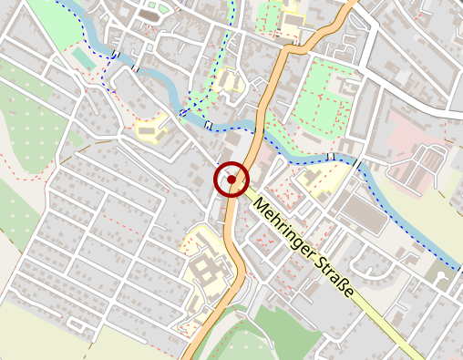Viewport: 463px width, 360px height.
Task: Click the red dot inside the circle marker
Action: pos(232,180)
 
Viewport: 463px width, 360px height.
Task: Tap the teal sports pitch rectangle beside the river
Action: pos(81,57)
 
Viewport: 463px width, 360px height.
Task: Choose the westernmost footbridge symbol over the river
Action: pos(117,55)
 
